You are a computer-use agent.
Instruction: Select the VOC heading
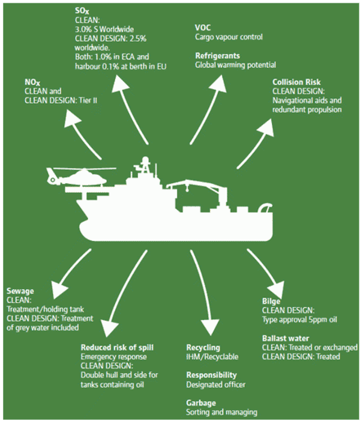point(203,28)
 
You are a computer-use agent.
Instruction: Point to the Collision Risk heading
point(297,82)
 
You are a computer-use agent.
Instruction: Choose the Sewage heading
point(21,291)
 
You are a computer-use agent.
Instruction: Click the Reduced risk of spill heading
point(116,347)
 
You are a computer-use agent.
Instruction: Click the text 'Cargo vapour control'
point(229,37)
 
